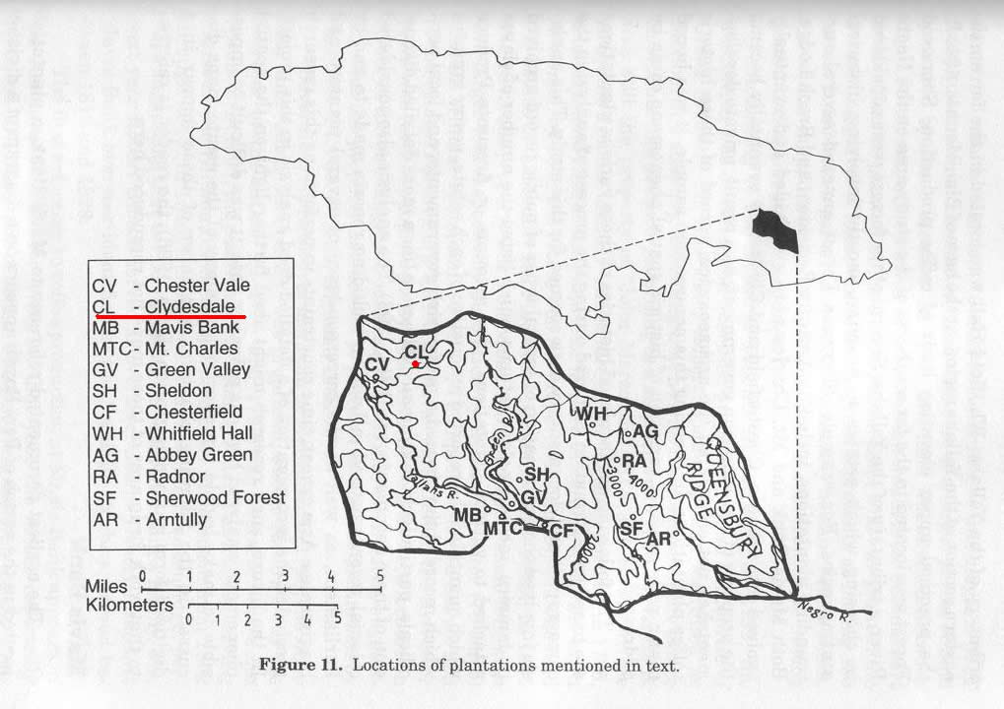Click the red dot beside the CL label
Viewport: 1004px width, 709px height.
coord(417,364)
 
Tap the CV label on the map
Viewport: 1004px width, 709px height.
coord(375,365)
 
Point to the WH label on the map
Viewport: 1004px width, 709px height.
coord(591,414)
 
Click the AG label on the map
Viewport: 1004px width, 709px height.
coord(645,431)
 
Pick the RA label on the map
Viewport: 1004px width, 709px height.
coord(633,461)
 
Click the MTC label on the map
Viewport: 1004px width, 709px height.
coord(502,529)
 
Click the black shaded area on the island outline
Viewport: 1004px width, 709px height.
coord(775,229)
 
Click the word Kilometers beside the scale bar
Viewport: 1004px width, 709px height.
coord(130,605)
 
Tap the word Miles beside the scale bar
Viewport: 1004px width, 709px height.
coord(106,587)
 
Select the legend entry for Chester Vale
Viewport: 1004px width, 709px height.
coord(170,285)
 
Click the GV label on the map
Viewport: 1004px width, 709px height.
coord(533,499)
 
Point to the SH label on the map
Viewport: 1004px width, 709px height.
coord(536,475)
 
